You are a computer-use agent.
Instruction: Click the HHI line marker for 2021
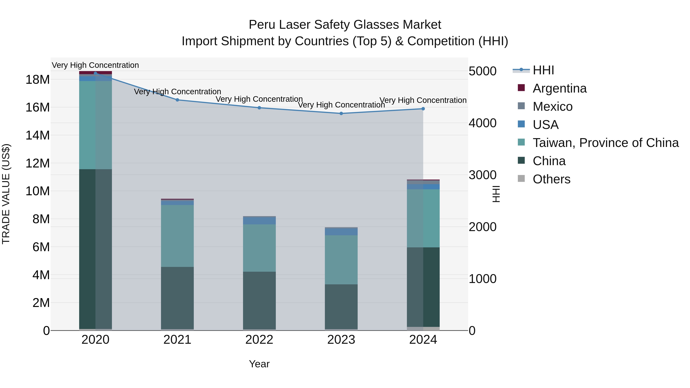(177, 100)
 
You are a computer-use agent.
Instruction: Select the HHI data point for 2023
(341, 114)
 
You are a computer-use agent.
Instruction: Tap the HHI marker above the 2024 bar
(423, 109)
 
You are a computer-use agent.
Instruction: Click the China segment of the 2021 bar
(177, 298)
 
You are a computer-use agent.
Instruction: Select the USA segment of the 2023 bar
(341, 232)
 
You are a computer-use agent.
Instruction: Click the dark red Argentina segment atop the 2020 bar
(95, 73)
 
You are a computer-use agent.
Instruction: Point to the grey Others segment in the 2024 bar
(423, 329)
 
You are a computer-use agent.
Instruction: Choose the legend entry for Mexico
(552, 107)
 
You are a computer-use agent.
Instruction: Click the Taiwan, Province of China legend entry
(605, 143)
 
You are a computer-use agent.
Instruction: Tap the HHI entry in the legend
(543, 70)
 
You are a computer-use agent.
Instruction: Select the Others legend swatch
(521, 179)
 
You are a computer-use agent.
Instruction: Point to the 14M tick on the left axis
(38, 135)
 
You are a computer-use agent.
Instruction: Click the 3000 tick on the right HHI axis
(482, 175)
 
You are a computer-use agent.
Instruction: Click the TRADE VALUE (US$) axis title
(6, 194)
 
